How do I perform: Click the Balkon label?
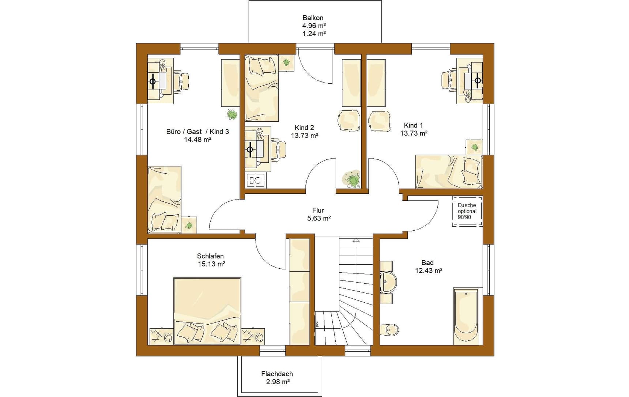[x=313, y=18]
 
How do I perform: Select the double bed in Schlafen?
[x=207, y=311]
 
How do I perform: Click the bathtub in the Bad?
[x=466, y=317]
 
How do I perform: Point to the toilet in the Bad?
[x=390, y=330]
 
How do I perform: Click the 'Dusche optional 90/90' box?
[x=467, y=211]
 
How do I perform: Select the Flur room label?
[x=318, y=210]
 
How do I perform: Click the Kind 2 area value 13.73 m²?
[x=305, y=136]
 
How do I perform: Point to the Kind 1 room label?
[x=414, y=125]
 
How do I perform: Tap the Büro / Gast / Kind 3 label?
[x=197, y=132]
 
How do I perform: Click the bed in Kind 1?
[x=449, y=171]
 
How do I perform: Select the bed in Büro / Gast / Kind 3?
[x=165, y=200]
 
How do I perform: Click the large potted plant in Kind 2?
[x=351, y=179]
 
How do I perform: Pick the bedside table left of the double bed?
[x=161, y=336]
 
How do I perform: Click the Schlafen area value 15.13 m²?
[x=211, y=264]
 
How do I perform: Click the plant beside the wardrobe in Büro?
[x=232, y=115]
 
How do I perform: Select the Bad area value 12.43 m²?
[x=429, y=271]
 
